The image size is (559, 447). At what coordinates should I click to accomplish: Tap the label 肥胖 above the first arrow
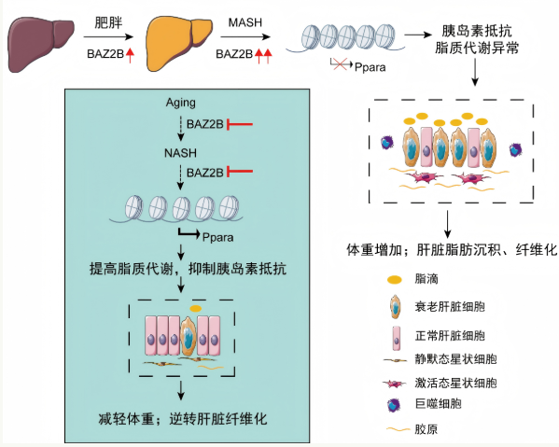click(x=108, y=22)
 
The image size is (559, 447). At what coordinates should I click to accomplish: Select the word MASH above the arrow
click(x=245, y=22)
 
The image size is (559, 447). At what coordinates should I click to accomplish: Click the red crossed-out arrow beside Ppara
click(x=342, y=64)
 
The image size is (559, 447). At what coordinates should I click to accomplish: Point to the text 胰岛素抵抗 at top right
click(x=477, y=31)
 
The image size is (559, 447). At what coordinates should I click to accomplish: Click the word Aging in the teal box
click(x=180, y=103)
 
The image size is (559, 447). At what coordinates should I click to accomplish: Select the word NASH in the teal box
click(x=180, y=153)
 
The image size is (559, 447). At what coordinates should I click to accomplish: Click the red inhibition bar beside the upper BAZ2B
click(x=240, y=124)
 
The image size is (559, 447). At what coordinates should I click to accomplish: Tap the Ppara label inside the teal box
click(x=217, y=237)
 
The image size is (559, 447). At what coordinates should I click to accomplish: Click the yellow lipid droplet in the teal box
click(x=195, y=308)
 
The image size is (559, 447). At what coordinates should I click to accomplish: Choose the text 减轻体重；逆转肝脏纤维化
click(x=183, y=418)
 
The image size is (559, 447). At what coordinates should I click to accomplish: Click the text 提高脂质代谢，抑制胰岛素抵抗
click(x=188, y=269)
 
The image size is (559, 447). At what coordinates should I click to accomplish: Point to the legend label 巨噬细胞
click(x=438, y=404)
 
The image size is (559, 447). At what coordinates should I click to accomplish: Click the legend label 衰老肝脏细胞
click(x=450, y=307)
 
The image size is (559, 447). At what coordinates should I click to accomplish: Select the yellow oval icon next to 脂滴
click(x=395, y=279)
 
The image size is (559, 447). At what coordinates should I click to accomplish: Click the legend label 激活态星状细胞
click(x=455, y=384)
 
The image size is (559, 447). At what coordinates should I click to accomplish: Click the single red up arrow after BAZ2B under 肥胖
click(x=130, y=55)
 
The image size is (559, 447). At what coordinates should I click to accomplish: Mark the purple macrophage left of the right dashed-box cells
click(x=387, y=143)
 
